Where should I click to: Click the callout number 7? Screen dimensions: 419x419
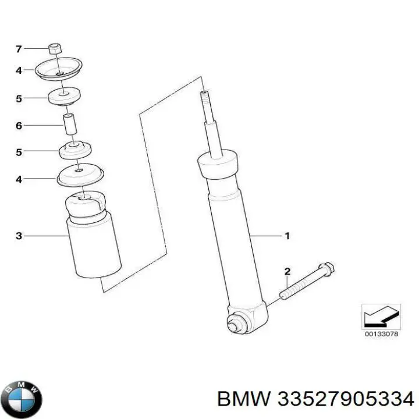click(x=19, y=48)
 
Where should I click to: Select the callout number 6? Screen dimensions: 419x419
click(x=19, y=125)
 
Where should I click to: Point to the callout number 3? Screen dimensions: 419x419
click(x=19, y=236)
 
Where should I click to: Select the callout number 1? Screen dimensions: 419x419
click(x=286, y=236)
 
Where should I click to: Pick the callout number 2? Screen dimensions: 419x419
click(x=286, y=272)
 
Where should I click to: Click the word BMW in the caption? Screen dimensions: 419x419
click(x=243, y=399)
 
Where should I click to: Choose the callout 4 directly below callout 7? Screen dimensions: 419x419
click(x=19, y=70)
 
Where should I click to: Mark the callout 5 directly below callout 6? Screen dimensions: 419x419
click(x=19, y=152)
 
